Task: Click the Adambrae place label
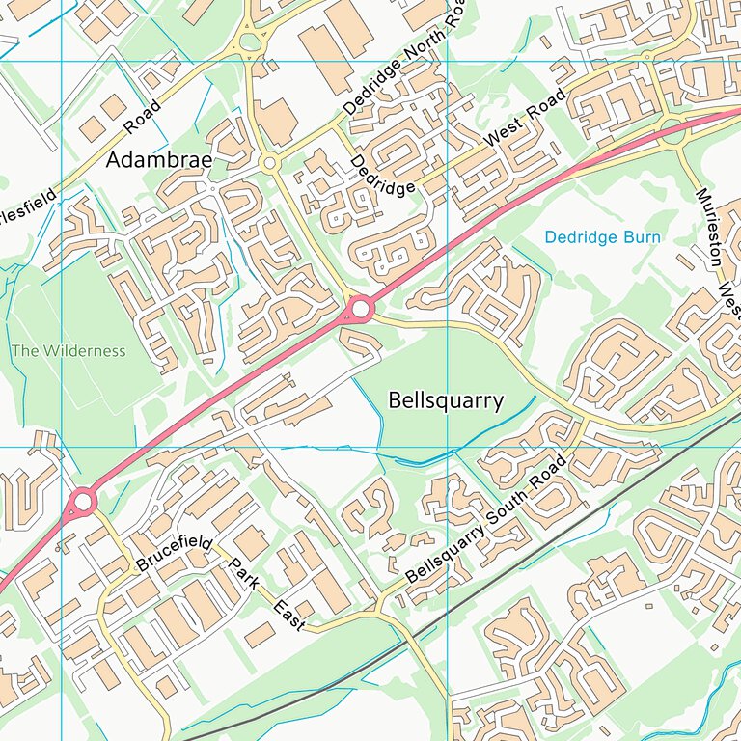point(158,159)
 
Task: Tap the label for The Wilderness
point(69,350)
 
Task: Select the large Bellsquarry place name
point(445,400)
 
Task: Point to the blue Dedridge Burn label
point(602,236)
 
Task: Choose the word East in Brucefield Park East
point(288,617)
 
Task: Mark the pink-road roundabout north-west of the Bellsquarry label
point(361,309)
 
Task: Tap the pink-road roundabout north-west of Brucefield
point(83,501)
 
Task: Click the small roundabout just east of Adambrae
point(269,164)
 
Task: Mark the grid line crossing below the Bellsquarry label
point(448,447)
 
